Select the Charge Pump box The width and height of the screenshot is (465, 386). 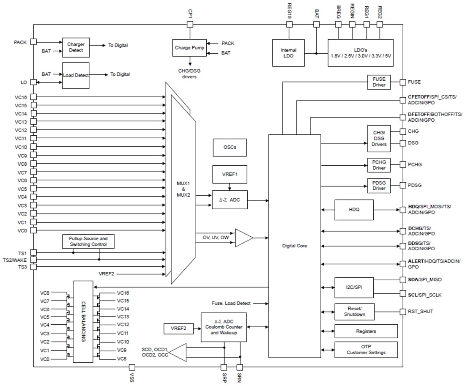point(189,48)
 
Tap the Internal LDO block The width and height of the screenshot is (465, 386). point(288,53)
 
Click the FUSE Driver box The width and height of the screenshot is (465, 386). point(379,82)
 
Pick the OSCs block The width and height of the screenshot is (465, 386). point(230,148)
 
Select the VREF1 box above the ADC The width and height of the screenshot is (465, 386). point(230,174)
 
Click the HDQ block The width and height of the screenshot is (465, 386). point(354,210)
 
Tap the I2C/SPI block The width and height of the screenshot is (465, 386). point(354,287)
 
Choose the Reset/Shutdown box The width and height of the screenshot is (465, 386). point(354,312)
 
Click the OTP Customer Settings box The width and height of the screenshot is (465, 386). point(366,350)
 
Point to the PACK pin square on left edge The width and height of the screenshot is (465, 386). point(33,42)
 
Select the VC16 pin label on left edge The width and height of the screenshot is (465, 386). point(21,97)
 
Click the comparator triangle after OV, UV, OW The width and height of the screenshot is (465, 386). point(243,238)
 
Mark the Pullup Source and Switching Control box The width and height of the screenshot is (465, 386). point(88,241)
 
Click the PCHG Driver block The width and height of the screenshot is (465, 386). point(379,165)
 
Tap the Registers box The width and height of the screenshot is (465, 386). point(366,331)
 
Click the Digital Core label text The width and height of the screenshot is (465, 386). point(294,246)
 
